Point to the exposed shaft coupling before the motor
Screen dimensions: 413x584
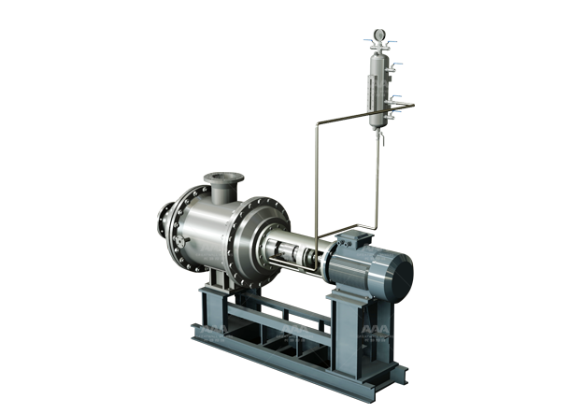point(297,254)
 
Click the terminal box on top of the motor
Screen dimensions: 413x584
point(360,238)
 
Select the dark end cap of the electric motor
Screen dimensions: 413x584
point(397,278)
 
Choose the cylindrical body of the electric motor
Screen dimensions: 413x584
point(360,271)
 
